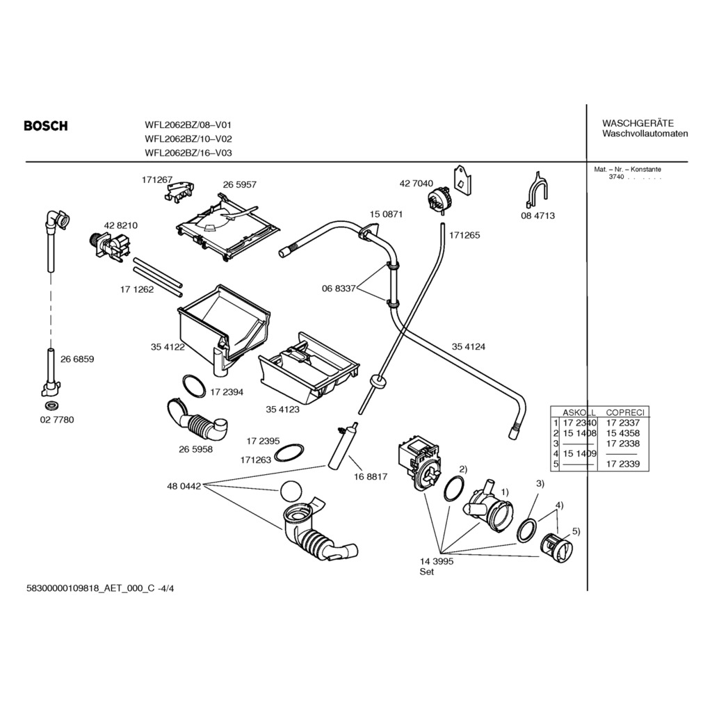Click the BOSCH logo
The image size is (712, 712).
pyautogui.click(x=46, y=126)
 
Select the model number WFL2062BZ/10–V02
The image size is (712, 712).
pyautogui.click(x=188, y=139)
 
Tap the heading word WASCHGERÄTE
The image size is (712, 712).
pyautogui.click(x=638, y=123)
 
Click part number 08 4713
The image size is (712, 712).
pyautogui.click(x=537, y=216)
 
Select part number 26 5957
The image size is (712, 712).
pyautogui.click(x=240, y=185)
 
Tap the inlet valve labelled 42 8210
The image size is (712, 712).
pyautogui.click(x=110, y=245)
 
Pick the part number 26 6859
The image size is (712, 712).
pyautogui.click(x=77, y=359)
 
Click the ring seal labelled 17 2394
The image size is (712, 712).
pyautogui.click(x=194, y=384)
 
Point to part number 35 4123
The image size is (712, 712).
pyautogui.click(x=282, y=410)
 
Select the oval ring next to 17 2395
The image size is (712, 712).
pyautogui.click(x=289, y=453)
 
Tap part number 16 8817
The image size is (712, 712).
pyautogui.click(x=370, y=477)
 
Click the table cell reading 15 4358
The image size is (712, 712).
pyautogui.click(x=623, y=432)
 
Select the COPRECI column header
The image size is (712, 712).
pyautogui.click(x=625, y=412)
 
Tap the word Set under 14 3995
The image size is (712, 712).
pyautogui.click(x=426, y=572)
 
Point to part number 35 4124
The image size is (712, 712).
pyautogui.click(x=469, y=346)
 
